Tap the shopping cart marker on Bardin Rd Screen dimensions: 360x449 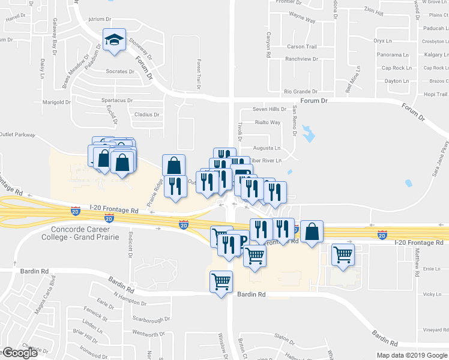point(221,281)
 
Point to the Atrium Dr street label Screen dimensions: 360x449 point(96,19)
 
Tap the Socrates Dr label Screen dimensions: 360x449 point(121,71)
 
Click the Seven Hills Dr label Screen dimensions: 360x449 point(270,109)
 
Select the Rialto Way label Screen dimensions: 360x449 point(268,122)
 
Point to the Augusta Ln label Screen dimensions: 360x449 point(267,148)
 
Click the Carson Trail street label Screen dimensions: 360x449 point(301,47)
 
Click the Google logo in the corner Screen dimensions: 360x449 point(19,353)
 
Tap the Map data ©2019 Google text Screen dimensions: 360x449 point(412,355)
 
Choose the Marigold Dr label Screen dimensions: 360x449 point(57,102)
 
